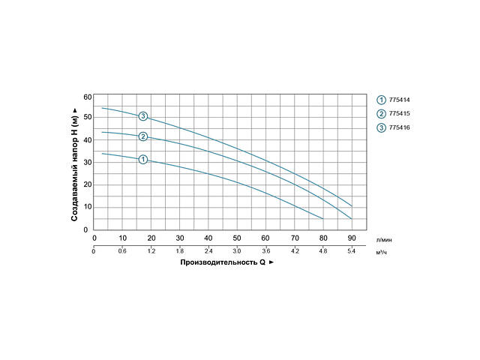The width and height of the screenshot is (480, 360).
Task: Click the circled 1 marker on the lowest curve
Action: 142,159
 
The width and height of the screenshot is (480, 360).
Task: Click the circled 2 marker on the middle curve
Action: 142,136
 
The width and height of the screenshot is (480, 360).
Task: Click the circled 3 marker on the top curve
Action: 142,116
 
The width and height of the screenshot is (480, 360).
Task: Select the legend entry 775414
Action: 399,99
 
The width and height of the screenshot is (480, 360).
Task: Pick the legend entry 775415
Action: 399,113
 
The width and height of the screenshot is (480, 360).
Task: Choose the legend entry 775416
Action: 399,127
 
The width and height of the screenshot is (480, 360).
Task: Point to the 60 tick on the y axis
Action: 87,97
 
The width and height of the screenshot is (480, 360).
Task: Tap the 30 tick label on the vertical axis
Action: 87,162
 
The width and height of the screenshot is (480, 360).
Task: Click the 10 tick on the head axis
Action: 87,207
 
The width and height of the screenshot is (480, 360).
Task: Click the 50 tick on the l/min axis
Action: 237,238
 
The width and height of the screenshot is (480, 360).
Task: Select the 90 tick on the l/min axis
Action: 352,238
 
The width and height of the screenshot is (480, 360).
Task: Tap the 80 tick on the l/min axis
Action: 323,238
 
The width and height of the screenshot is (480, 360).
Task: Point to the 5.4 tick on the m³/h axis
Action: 352,251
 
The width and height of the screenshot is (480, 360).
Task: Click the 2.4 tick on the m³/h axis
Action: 208,251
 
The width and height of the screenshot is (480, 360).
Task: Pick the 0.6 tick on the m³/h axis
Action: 122,251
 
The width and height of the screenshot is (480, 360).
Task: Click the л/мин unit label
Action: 382,238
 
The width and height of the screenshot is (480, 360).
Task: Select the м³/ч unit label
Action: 381,251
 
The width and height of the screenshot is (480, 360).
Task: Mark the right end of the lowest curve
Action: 323,219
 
